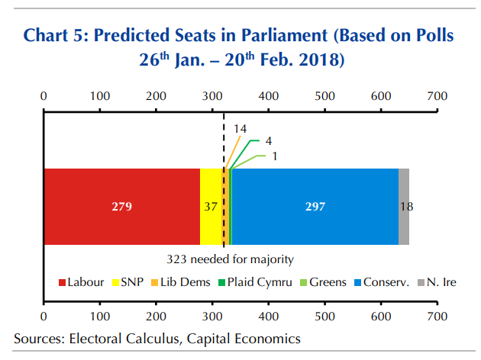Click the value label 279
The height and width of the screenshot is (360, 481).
pos(122,207)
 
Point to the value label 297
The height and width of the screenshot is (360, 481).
pos(315,207)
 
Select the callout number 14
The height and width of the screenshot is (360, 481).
pos(240,130)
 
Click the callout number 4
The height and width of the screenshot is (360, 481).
pos(268,141)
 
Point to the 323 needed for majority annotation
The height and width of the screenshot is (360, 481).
pos(230,259)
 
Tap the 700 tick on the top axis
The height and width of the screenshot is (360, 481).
pos(437,96)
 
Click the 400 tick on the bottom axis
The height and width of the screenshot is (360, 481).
pos(268,316)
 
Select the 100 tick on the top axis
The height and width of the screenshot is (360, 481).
pos(99,96)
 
